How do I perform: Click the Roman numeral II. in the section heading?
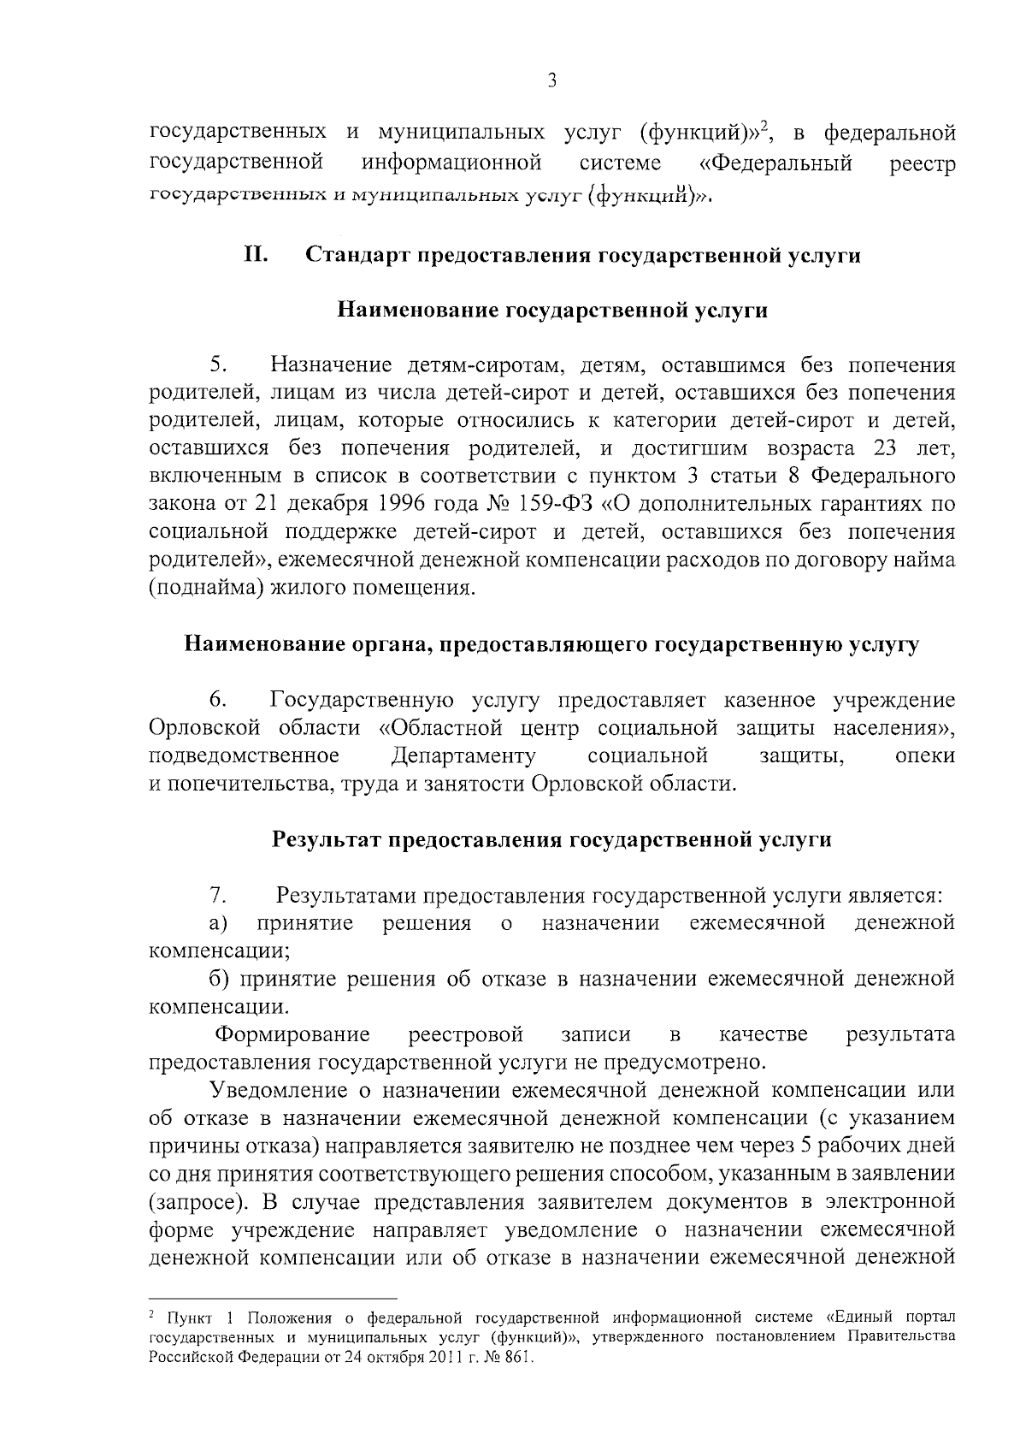pos(257,255)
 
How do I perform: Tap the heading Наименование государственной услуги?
pos(552,311)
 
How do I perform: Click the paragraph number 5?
pos(218,366)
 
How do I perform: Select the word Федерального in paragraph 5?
pos(882,476)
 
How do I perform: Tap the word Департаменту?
pos(463,756)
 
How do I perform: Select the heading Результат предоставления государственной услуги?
pos(552,840)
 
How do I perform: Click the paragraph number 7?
pos(218,897)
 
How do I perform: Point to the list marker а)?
pos(218,924)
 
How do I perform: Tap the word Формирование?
pos(292,1035)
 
